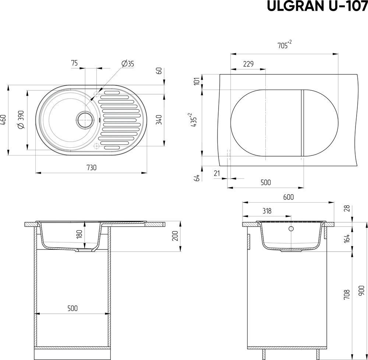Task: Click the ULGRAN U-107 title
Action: click(x=317, y=7)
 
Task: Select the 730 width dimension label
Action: click(x=92, y=168)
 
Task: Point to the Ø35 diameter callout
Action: click(x=128, y=63)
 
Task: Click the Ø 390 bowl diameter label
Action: click(x=21, y=119)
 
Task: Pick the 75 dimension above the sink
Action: click(x=74, y=63)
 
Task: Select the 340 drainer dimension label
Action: click(x=159, y=120)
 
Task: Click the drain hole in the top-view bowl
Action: click(x=84, y=120)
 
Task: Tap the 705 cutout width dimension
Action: click(x=284, y=45)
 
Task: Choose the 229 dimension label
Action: click(x=248, y=64)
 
